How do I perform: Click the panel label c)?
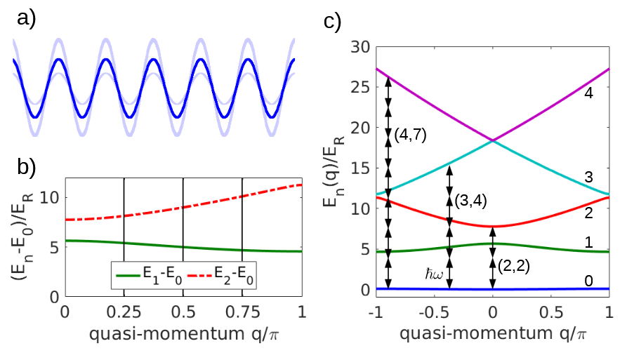click(333, 21)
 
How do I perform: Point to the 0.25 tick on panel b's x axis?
click(124, 311)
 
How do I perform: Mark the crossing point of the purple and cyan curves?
click(493, 141)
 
